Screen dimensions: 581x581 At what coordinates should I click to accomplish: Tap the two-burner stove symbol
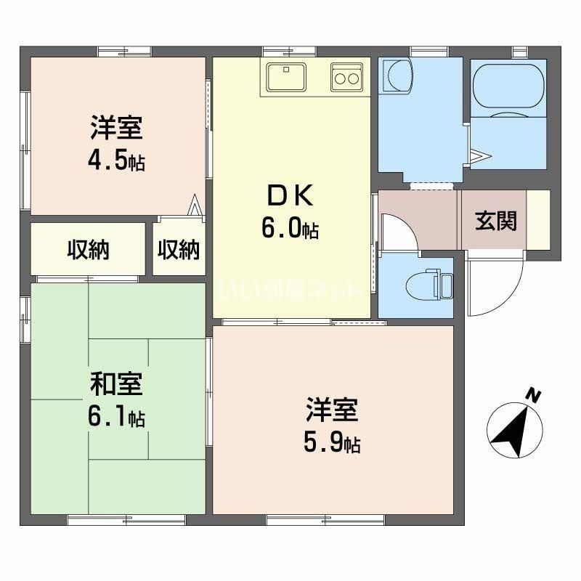(x=346, y=76)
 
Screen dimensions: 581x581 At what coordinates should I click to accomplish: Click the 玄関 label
(x=496, y=221)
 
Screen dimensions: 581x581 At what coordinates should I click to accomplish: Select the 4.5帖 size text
(x=117, y=161)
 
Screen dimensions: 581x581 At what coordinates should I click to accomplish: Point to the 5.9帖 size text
(x=332, y=442)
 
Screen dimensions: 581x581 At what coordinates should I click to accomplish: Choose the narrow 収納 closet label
(x=179, y=250)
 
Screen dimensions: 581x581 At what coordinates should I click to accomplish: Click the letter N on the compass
(x=534, y=396)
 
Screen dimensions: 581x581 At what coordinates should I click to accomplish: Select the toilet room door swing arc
(x=404, y=231)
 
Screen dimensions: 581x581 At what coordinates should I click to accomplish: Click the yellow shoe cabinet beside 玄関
(x=538, y=220)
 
